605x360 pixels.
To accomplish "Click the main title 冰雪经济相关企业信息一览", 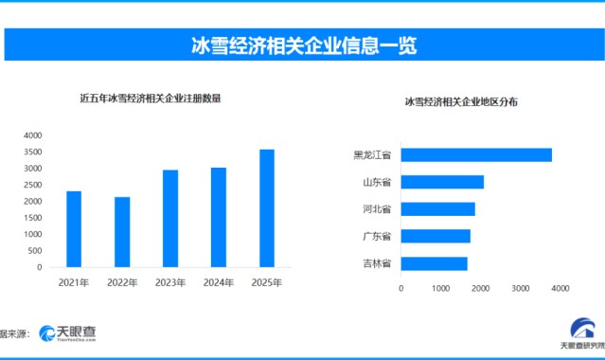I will pyautogui.click(x=303, y=45).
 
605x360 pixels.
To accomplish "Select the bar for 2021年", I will pyautogui.click(x=74, y=229).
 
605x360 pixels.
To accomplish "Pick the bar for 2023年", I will pyautogui.click(x=170, y=219).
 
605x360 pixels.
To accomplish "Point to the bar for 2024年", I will pyautogui.click(x=219, y=217).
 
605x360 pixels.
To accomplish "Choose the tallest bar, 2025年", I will pyautogui.click(x=267, y=208).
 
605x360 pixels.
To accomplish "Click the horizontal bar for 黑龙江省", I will pyautogui.click(x=476, y=154).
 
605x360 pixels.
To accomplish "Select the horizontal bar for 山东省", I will pyautogui.click(x=442, y=182).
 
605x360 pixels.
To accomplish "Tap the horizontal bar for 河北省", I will pyautogui.click(x=437, y=208).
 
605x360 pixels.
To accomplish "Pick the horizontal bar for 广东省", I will pyautogui.click(x=436, y=236).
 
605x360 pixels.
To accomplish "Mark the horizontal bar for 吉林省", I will pyautogui.click(x=434, y=262).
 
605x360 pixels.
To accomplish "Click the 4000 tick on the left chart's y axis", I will pyautogui.click(x=33, y=135).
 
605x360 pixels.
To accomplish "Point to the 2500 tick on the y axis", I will pyautogui.click(x=33, y=185).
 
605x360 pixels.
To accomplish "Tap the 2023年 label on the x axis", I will pyautogui.click(x=170, y=282).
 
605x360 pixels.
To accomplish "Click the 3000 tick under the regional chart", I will pyautogui.click(x=520, y=288).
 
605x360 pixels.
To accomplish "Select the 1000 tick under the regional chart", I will pyautogui.click(x=441, y=288).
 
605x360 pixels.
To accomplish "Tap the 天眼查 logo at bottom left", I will pyautogui.click(x=67, y=333).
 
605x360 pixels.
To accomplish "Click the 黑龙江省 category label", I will pyautogui.click(x=372, y=154).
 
